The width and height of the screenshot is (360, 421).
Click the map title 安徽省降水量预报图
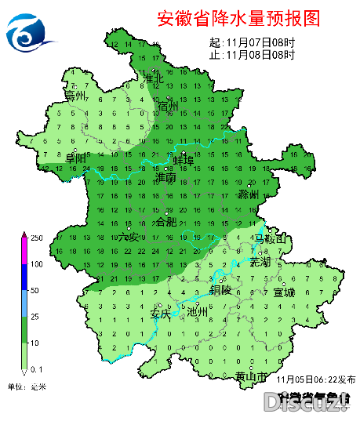point(239,17)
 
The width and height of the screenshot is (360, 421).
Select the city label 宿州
point(168,106)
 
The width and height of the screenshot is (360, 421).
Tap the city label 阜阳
point(76,158)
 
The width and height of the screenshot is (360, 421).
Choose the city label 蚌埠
point(183,160)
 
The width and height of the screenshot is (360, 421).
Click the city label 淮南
point(166,179)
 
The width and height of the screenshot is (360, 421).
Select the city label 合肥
point(167,222)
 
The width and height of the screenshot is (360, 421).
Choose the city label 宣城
point(284,292)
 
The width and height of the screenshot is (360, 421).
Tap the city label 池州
point(198,311)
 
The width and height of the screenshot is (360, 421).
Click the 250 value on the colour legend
point(35,238)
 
